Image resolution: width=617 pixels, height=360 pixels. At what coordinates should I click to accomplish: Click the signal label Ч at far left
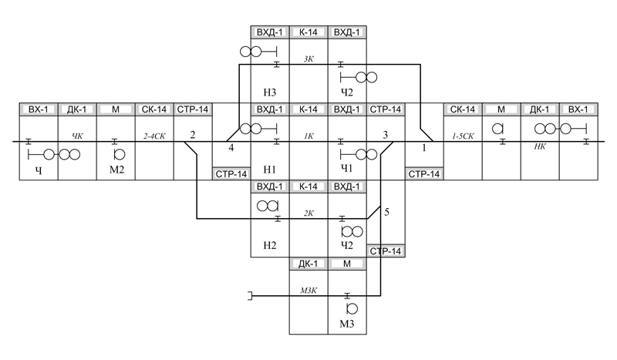(x=38, y=170)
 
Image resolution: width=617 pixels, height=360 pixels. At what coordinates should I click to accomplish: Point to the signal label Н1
(x=270, y=170)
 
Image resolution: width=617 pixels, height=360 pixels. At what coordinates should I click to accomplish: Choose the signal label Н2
(x=270, y=246)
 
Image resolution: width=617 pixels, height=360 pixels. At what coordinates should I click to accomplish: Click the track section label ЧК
(x=77, y=136)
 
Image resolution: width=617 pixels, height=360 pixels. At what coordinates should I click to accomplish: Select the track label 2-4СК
(x=154, y=136)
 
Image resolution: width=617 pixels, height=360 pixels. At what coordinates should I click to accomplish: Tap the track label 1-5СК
(x=463, y=136)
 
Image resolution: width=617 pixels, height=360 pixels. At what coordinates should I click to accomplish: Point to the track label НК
(x=540, y=145)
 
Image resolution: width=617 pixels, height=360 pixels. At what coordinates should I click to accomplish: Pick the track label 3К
(x=308, y=58)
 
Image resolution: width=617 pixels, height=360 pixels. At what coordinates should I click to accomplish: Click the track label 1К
(x=308, y=136)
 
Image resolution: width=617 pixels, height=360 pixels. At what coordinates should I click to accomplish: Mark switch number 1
(x=423, y=146)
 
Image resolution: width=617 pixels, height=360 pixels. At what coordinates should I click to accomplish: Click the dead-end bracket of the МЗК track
(x=250, y=296)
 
